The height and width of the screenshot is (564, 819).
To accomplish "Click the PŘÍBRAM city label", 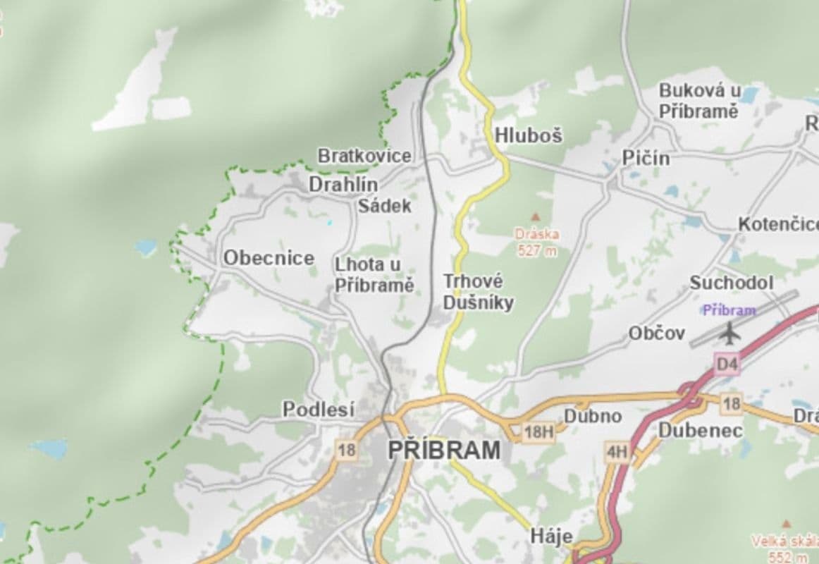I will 445,450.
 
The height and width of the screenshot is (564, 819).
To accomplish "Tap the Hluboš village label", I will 529,135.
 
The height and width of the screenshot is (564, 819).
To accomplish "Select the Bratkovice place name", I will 364,156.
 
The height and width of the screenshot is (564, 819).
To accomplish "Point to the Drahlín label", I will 343,185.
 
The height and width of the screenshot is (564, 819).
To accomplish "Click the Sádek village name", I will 384,207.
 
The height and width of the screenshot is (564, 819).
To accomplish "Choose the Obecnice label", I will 269,258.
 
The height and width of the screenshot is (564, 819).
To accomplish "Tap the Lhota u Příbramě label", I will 374,275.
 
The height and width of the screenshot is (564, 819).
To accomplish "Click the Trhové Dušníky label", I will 478,292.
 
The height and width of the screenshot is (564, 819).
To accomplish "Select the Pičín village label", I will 646,159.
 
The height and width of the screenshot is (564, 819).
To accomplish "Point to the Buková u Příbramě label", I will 699,101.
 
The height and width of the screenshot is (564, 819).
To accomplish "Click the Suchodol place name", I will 731,283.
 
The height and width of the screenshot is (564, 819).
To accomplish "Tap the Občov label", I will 656,333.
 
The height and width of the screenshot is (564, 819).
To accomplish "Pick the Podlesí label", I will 319,409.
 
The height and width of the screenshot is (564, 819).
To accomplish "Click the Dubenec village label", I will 700,430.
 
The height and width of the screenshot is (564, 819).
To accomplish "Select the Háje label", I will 551,537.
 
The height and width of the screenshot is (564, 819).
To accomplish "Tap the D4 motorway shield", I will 727,364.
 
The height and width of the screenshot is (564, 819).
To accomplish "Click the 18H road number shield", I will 538,431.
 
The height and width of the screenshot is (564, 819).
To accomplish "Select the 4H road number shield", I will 617,452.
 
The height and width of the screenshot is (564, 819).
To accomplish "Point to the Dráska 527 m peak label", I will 537,242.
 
